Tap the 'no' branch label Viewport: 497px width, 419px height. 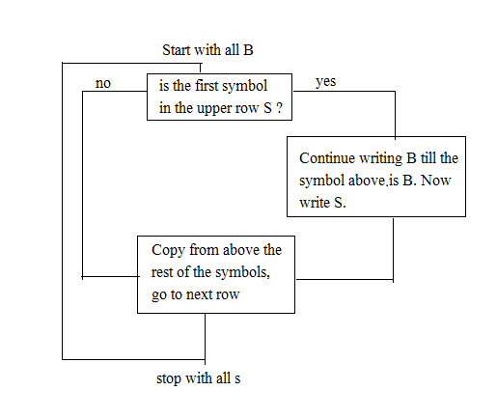[103, 84]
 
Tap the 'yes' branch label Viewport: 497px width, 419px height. [325, 82]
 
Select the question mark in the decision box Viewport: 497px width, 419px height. [279, 108]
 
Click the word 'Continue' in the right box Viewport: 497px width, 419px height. [327, 158]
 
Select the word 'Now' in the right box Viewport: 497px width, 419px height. [435, 181]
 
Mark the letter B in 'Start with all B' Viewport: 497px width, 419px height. [248, 50]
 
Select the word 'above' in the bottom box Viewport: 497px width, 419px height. [241, 250]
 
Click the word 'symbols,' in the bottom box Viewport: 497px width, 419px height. [242, 273]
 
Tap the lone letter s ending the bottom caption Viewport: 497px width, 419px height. [237, 379]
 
